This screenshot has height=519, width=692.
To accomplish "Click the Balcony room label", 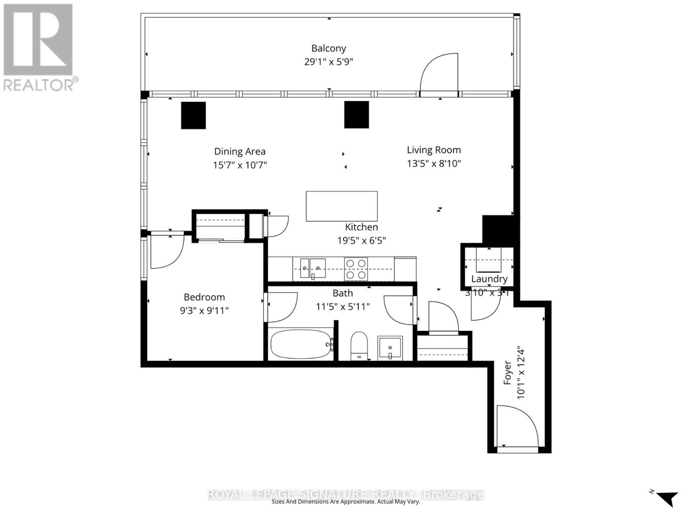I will point(329,48).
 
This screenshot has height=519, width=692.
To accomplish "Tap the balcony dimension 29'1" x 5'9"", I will point(329,61).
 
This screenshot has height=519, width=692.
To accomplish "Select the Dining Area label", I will point(240,151).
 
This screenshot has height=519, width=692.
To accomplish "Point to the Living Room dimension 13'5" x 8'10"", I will point(434,163).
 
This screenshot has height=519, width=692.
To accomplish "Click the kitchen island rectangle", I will point(342,206).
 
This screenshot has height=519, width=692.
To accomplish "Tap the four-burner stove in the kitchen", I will point(356,269).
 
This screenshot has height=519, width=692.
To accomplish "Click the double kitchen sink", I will point(312,268).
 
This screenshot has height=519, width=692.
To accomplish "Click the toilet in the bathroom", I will point(359,345).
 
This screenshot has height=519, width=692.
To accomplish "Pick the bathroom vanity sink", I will point(390,347).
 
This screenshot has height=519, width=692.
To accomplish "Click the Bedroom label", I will point(204,297).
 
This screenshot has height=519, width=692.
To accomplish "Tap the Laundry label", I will point(489,279).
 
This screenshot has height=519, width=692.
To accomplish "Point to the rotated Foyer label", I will point(507,373).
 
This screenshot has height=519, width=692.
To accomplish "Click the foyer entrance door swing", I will point(517,426).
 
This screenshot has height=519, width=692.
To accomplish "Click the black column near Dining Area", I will point(193,115).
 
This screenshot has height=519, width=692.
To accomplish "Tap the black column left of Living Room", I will point(356,115).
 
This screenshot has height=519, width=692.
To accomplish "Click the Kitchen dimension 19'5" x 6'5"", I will point(362,240).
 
